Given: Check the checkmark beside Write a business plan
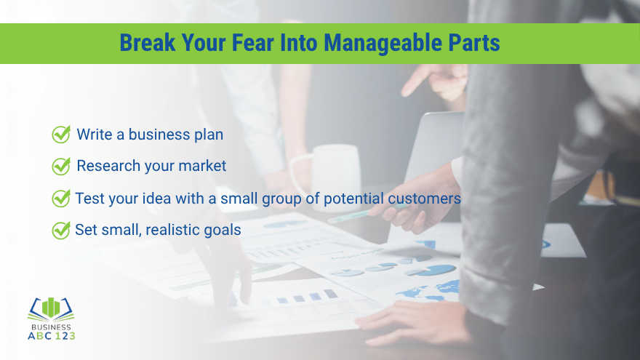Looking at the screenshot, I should (61, 134).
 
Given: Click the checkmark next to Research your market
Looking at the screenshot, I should (61, 166).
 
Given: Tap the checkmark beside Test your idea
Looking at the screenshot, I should (61, 198).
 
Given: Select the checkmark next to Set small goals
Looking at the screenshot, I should (61, 230).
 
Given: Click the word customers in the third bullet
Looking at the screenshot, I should (424, 198).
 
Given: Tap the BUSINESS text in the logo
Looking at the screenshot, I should (51, 327).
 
